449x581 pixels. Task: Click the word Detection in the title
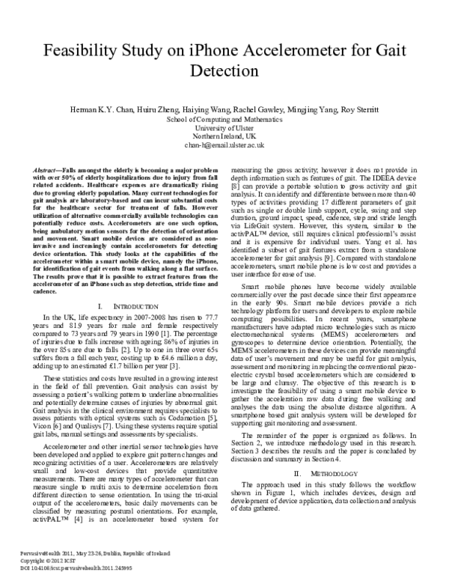pos(224,76)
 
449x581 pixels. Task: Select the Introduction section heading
pos(120,307)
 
